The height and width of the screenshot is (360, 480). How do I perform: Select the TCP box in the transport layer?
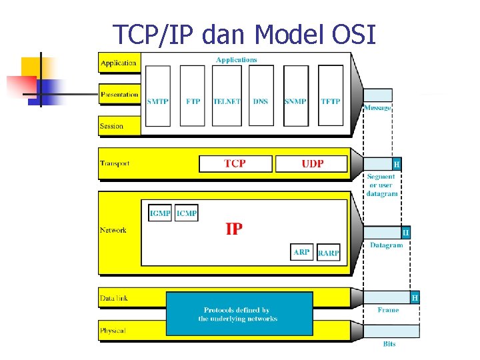point(235,163)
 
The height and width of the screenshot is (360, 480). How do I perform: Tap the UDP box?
point(312,163)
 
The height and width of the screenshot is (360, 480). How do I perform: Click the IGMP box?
point(160,213)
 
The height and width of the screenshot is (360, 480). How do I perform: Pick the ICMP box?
point(187,213)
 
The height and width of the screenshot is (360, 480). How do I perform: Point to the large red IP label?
point(234,229)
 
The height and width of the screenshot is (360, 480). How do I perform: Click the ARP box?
point(301,252)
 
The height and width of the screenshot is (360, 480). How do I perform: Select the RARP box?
point(328,253)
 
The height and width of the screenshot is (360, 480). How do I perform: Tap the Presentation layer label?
point(119,95)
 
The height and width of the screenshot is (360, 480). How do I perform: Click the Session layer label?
point(111,126)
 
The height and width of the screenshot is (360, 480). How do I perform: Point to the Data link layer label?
point(113,298)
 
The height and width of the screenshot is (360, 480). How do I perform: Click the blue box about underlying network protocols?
point(238,314)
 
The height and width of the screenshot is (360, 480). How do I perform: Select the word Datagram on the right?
point(387,245)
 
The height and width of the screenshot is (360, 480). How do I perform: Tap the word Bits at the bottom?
point(389,344)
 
